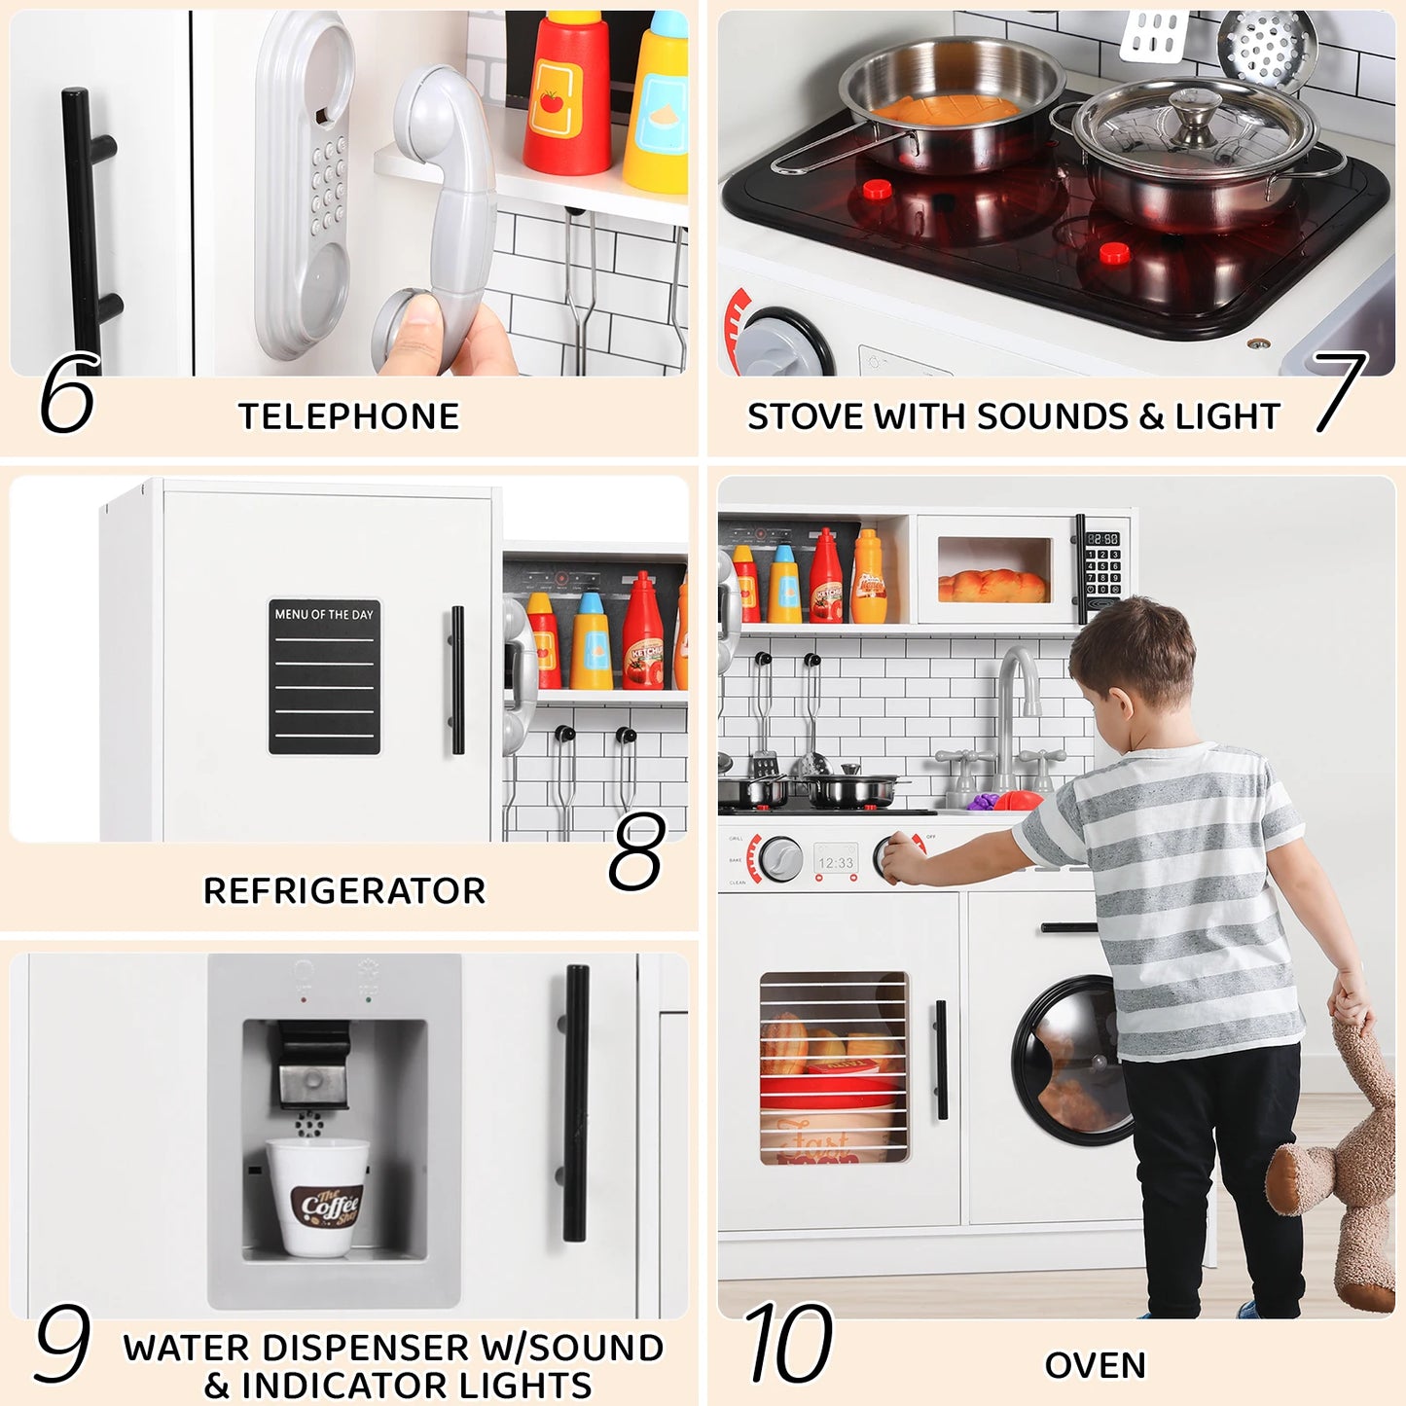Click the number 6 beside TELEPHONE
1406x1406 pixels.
(x=67, y=393)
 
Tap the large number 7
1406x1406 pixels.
(x=1340, y=391)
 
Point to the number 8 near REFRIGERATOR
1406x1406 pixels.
(x=637, y=852)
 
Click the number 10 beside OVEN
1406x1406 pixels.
(x=789, y=1344)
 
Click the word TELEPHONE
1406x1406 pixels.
(x=348, y=416)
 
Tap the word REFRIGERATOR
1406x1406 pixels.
(x=343, y=890)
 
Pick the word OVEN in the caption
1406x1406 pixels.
(x=1095, y=1365)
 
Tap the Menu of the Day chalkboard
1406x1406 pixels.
(x=324, y=677)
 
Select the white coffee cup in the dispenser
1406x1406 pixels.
(x=318, y=1197)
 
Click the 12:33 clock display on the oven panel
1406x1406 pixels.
(x=836, y=863)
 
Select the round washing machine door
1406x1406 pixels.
(x=1070, y=1061)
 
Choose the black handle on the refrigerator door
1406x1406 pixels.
(x=457, y=680)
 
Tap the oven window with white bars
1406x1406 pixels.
(x=834, y=1068)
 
